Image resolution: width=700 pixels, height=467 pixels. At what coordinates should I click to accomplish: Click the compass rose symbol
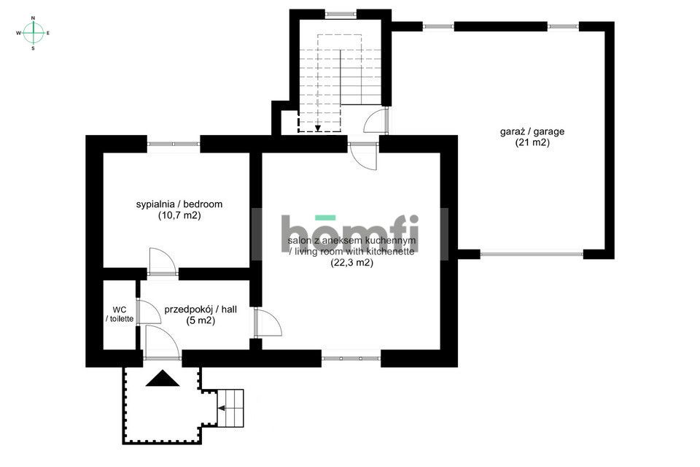click(33, 33)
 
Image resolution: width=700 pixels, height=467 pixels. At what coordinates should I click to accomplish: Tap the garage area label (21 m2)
click(532, 142)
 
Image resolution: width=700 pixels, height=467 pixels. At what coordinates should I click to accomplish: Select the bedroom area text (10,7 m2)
click(179, 215)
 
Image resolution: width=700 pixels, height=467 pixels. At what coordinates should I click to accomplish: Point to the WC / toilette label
click(120, 314)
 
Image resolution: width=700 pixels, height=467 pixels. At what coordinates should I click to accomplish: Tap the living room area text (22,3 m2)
click(351, 263)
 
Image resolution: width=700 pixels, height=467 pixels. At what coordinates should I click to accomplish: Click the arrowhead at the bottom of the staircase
click(317, 128)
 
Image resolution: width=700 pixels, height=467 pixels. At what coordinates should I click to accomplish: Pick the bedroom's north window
click(174, 144)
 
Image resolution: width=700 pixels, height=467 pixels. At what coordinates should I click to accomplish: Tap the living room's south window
click(351, 358)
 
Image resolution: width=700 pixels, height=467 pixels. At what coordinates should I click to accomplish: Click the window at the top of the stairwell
click(341, 15)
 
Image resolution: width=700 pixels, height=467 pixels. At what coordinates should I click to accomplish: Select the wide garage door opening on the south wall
click(532, 254)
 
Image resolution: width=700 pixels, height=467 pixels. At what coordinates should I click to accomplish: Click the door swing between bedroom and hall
click(163, 261)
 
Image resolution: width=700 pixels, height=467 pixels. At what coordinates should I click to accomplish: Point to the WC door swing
click(149, 312)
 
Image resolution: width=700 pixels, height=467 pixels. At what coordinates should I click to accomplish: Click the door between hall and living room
click(268, 322)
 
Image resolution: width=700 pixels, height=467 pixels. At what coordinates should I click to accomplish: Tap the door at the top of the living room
click(363, 156)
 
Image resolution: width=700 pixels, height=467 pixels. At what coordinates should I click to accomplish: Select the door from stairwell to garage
click(376, 120)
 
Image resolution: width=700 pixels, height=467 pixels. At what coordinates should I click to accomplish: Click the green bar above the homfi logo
click(325, 217)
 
